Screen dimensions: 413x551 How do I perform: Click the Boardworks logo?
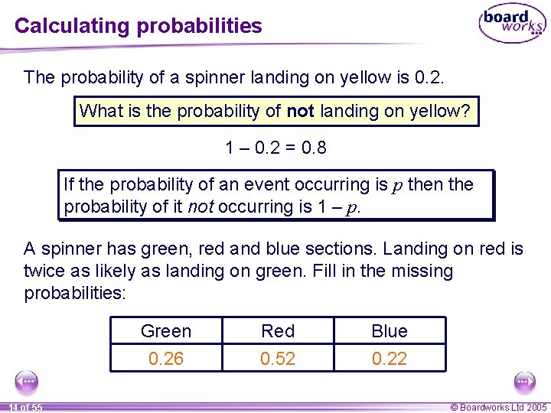(x=512, y=24)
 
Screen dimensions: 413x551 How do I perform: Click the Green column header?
(x=166, y=331)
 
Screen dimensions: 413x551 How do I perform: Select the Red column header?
(x=278, y=331)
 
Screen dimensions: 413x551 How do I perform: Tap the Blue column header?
(x=390, y=331)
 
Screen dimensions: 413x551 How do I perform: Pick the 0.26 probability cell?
(x=166, y=358)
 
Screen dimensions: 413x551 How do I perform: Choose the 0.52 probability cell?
(x=278, y=358)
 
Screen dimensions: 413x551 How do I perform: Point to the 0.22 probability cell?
(x=390, y=358)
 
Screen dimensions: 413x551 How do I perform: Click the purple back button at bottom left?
(x=26, y=381)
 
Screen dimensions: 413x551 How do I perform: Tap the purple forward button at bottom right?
(x=524, y=381)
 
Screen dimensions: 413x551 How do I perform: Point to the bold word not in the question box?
(x=301, y=111)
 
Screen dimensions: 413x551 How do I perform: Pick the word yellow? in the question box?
(x=439, y=111)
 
